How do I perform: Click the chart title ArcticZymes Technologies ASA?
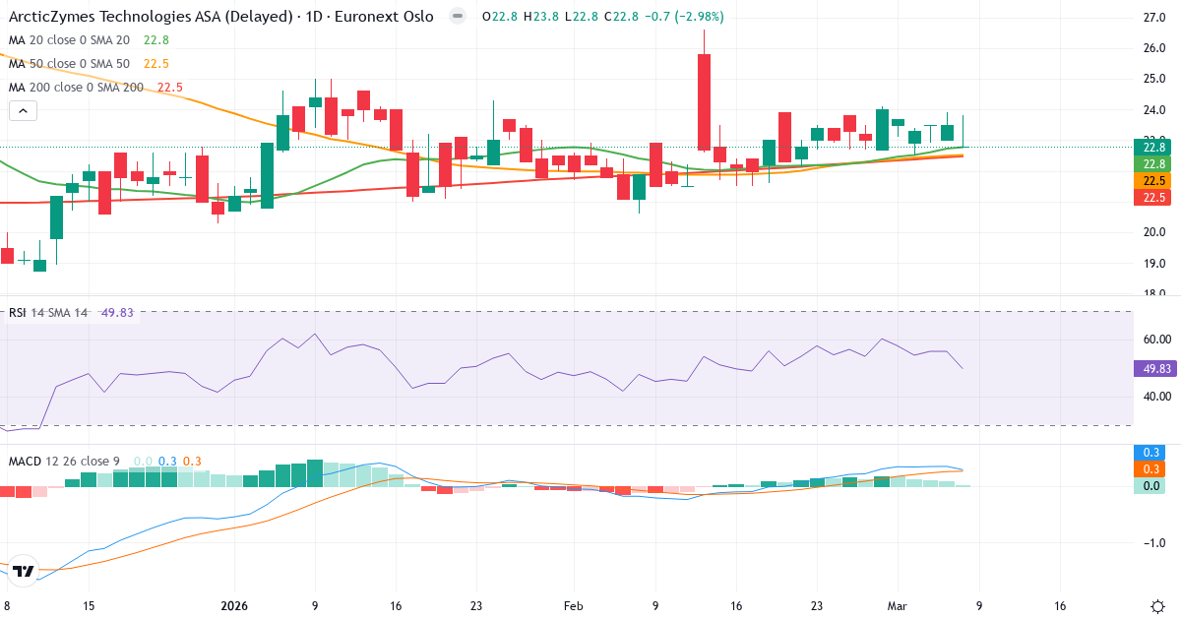point(148,17)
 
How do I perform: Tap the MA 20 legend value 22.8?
point(156,40)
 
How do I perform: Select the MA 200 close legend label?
point(76,88)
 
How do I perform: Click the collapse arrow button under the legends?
point(23,111)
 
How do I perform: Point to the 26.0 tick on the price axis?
point(1154,48)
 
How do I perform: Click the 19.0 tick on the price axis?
point(1154,263)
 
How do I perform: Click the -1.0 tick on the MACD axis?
point(1152,543)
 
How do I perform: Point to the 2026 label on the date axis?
point(234,606)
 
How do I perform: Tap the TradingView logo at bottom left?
point(25,571)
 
